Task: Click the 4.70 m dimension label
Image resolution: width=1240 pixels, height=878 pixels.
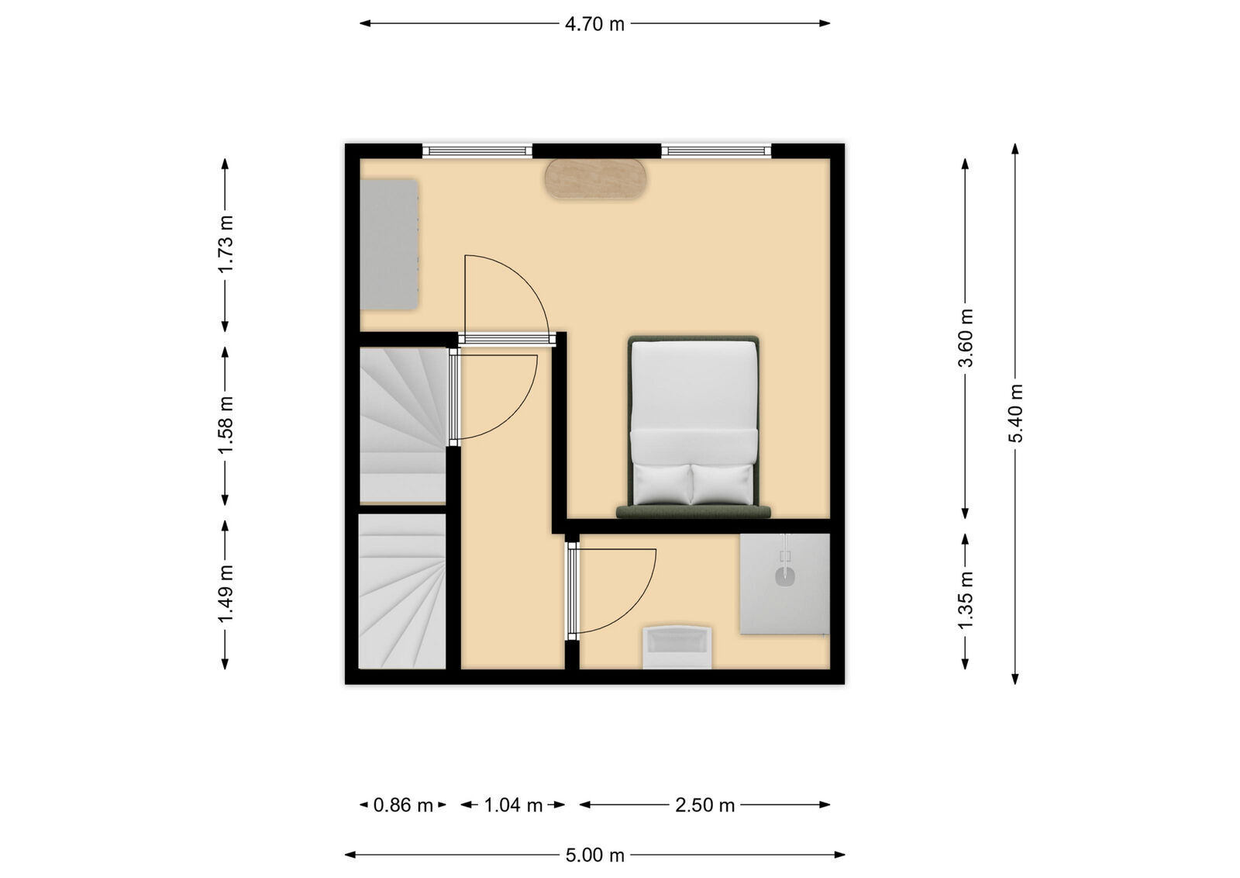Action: pos(594,24)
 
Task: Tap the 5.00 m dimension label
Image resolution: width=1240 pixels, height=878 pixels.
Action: pos(594,856)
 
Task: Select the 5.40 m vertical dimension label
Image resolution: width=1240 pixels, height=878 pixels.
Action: pos(1016,413)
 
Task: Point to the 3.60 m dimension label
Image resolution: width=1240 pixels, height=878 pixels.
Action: pos(966,338)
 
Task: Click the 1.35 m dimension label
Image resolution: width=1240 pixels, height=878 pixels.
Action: pos(966,600)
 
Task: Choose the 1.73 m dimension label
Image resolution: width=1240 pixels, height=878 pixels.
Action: pos(226,244)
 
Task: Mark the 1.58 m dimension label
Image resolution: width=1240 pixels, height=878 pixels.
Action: pos(226,425)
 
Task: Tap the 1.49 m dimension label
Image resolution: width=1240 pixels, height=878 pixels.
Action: pos(226,594)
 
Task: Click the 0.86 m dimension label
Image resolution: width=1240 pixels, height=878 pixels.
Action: pos(403,805)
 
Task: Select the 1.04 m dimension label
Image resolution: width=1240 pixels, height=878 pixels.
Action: pos(513,805)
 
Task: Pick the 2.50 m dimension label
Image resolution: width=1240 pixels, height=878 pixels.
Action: pos(704,805)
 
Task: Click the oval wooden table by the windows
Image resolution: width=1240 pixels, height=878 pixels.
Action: pos(595,178)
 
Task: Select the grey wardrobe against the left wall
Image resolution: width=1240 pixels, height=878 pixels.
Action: pos(390,244)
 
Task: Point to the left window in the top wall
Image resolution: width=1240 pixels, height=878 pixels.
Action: pos(477,150)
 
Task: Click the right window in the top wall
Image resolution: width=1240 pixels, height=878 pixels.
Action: pos(716,150)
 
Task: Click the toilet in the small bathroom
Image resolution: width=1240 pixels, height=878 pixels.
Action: pos(677,645)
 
